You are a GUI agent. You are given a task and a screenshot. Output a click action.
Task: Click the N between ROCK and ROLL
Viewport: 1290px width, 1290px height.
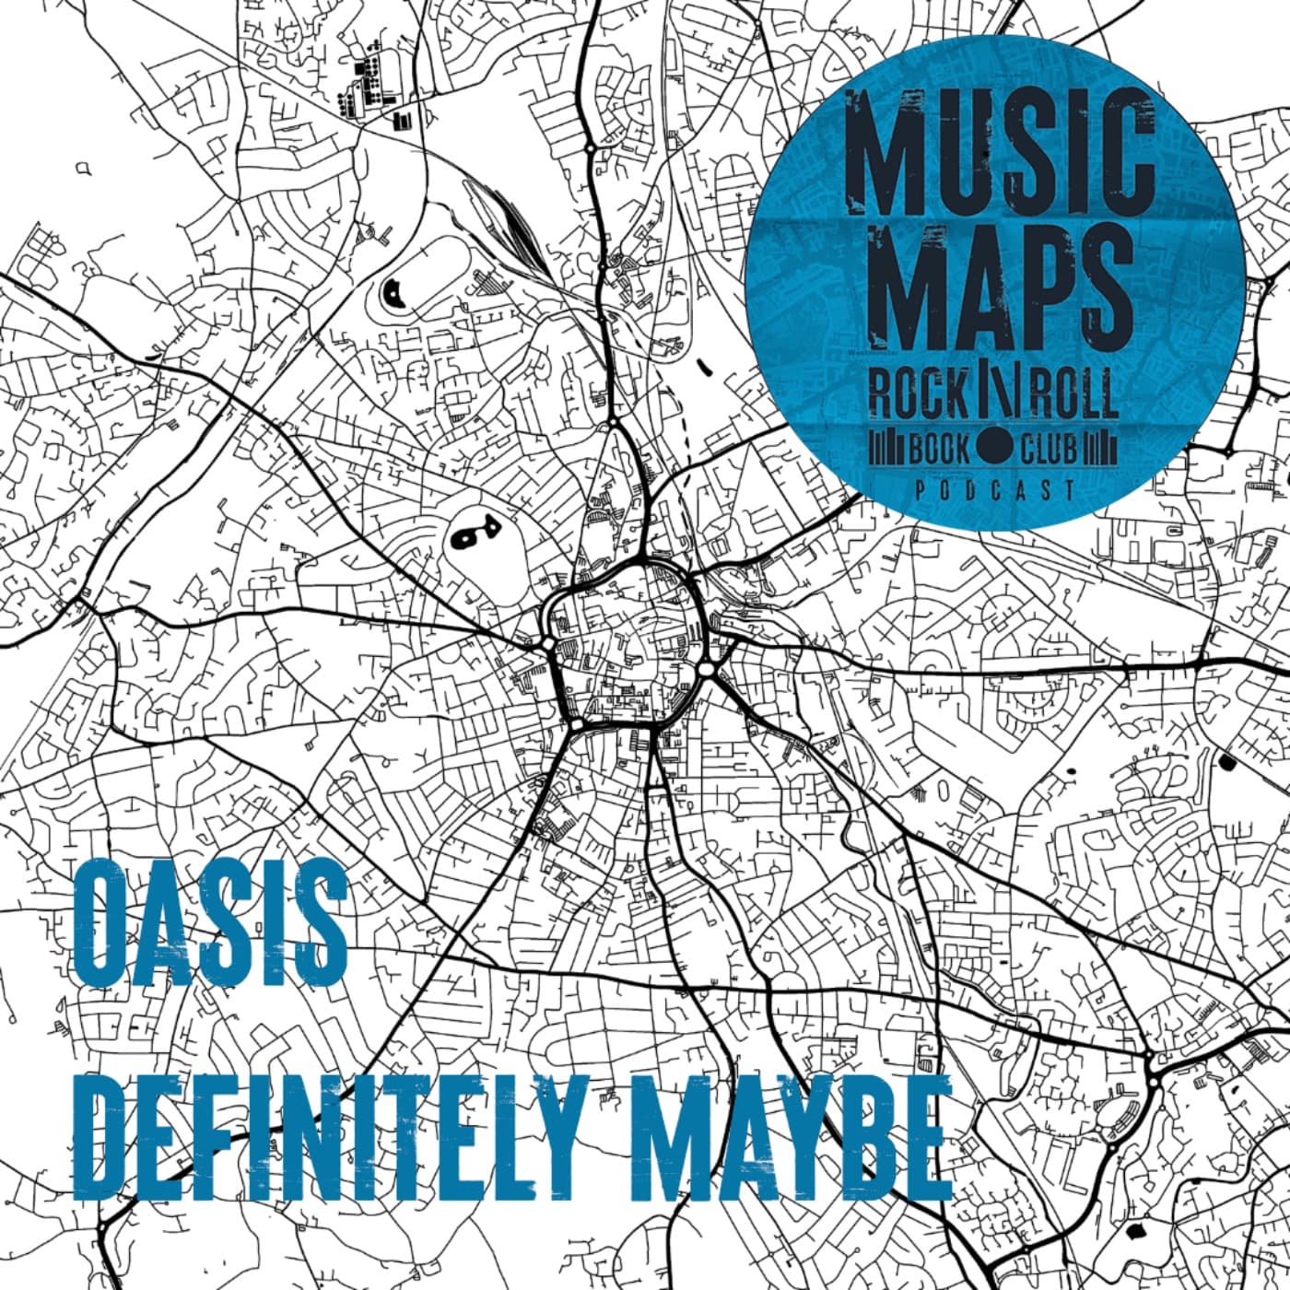point(997,394)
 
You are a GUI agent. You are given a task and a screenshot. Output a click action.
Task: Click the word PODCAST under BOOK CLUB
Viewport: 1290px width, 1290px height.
point(995,490)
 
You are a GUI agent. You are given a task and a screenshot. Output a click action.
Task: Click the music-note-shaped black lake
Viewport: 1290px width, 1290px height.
point(472,533)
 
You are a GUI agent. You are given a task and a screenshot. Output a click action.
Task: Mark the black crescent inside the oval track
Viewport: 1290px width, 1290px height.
point(393,295)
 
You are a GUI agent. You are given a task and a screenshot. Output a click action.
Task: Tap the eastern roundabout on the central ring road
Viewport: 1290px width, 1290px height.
point(707,668)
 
